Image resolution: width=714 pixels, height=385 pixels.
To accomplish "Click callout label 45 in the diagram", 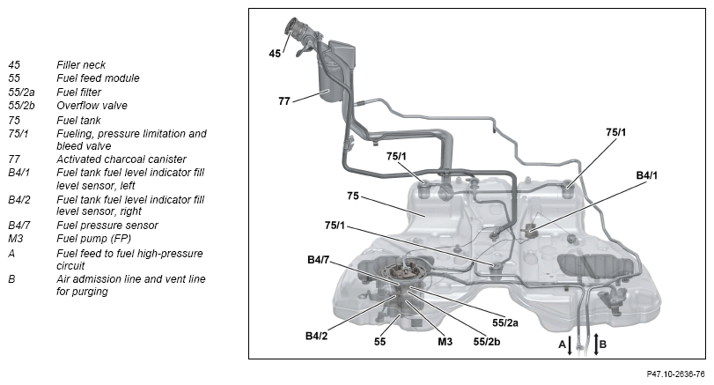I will (275, 54).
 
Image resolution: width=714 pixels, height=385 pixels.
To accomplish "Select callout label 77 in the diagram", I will (284, 101).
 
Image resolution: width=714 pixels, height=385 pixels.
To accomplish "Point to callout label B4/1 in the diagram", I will (647, 175).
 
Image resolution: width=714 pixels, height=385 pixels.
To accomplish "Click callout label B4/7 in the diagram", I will (319, 260).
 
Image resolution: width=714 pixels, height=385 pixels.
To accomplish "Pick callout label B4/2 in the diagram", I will (317, 335).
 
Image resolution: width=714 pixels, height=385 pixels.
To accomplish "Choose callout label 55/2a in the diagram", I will (505, 322).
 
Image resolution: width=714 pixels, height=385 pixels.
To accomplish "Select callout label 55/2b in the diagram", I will (488, 341).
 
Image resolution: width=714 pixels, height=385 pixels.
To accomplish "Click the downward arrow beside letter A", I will (570, 344).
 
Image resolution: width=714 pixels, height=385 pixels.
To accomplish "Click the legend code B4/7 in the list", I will (21, 226).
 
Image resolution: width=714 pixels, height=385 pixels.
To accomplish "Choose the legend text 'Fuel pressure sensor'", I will (107, 226).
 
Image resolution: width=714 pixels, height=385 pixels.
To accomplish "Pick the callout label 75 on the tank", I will (352, 196).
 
